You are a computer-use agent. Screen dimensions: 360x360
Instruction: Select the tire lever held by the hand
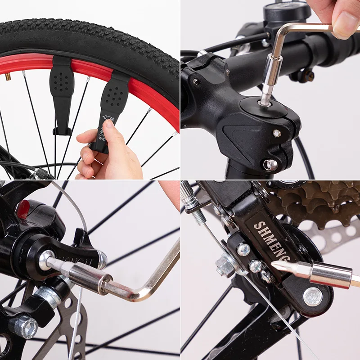[108, 108]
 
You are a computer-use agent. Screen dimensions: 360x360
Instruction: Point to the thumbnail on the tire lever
[109, 126]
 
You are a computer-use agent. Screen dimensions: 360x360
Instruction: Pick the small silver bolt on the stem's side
[277, 133]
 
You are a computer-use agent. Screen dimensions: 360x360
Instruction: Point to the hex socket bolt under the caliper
[24, 326]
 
